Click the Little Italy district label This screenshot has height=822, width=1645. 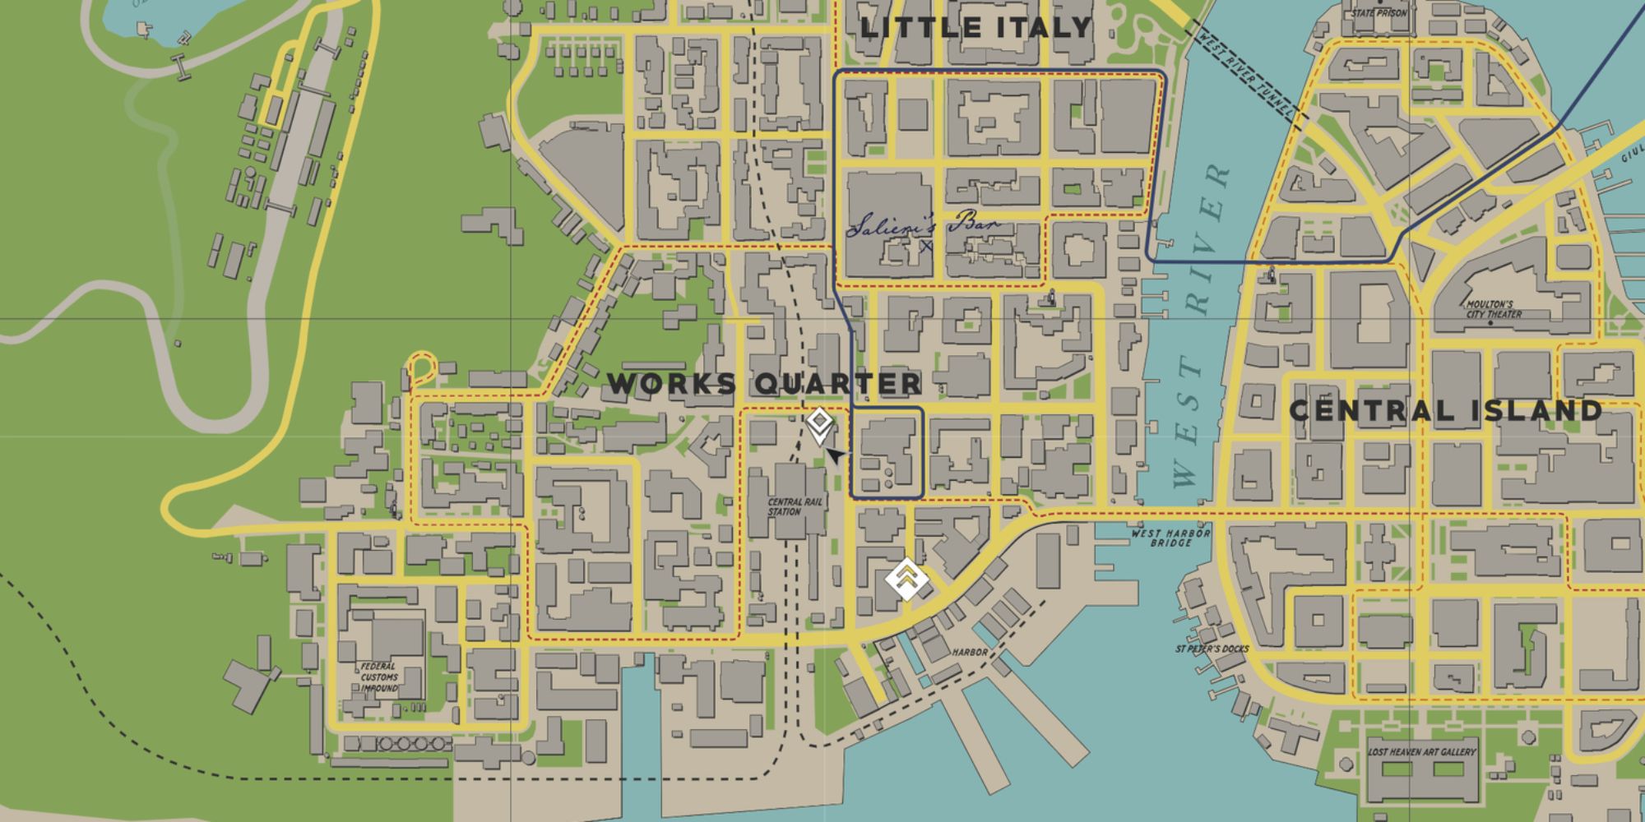[975, 27]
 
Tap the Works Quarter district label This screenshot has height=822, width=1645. [764, 383]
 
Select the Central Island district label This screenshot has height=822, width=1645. [1445, 410]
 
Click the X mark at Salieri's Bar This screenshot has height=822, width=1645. [927, 245]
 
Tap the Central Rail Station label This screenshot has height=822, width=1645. [785, 506]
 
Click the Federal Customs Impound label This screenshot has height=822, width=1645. [379, 677]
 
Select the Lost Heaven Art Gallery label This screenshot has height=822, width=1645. [1421, 751]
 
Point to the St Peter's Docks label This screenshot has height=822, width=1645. [1212, 649]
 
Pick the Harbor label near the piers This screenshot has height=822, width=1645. [970, 652]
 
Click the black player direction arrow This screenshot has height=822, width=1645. [836, 455]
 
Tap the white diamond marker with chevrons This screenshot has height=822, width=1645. [906, 579]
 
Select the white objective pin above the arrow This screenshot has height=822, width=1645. [819, 425]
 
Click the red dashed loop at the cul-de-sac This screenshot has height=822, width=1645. [422, 367]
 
